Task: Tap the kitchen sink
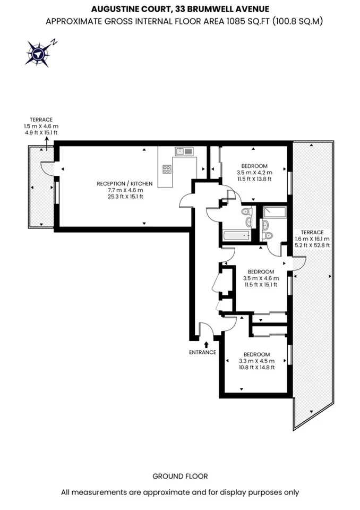[184, 151]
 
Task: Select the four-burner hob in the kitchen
[167, 169]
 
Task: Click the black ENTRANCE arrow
[206, 345]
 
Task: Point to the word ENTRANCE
[203, 352]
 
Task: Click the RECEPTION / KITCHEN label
[125, 184]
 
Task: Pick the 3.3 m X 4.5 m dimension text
[256, 361]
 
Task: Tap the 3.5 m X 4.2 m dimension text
[254, 173]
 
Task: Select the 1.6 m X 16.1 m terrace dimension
[312, 239]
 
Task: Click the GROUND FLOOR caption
[180, 477]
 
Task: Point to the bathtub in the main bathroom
[237, 235]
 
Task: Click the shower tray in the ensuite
[275, 212]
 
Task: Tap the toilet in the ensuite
[268, 235]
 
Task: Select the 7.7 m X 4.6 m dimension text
[125, 190]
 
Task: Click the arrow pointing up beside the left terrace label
[47, 144]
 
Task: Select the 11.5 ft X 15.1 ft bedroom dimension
[261, 285]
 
